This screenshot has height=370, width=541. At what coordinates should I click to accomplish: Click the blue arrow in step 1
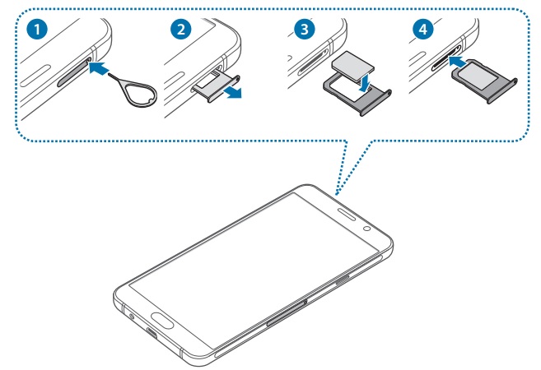[x=100, y=70]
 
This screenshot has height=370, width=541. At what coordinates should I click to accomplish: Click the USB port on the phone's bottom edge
[x=152, y=332]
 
